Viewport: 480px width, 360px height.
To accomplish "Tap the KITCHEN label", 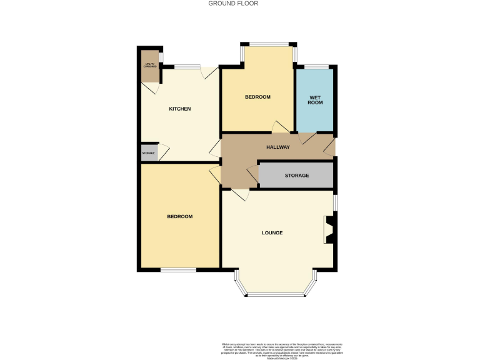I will click(180, 109).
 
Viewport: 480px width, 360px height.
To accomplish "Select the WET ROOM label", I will click(316, 99).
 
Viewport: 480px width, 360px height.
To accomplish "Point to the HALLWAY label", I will click(278, 147).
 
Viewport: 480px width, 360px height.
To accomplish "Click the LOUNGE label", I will click(272, 233).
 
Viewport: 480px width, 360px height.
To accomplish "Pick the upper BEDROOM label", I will click(257, 97).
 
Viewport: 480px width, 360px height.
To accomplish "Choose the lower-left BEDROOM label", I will click(179, 217).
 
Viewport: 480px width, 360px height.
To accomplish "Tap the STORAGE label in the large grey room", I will click(297, 176).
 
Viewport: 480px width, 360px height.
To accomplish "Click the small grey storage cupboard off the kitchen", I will click(149, 153).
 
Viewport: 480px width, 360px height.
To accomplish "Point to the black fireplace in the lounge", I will click(329, 229).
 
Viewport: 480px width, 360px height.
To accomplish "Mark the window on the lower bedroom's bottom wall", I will click(178, 269).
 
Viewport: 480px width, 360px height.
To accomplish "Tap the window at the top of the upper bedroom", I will click(269, 44).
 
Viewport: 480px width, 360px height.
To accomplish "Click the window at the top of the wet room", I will click(316, 66).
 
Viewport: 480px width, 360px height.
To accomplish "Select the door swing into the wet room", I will click(307, 138).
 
